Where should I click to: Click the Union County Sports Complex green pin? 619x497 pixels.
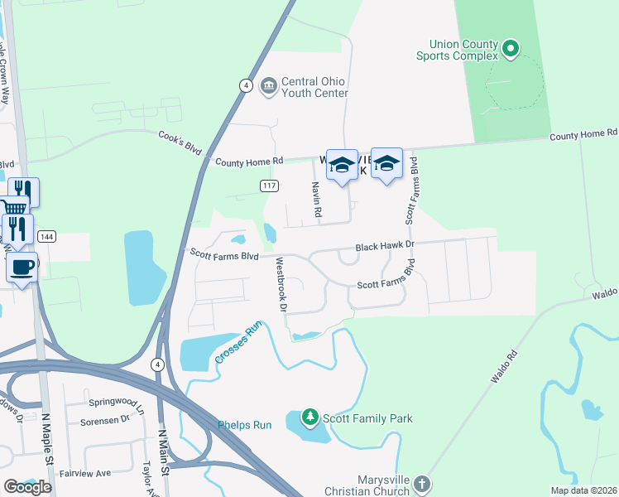coord(511,51)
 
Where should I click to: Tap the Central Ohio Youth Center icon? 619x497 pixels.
coord(268,85)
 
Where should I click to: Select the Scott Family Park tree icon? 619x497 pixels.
coord(310,417)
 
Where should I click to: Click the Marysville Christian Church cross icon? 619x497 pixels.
coord(421,483)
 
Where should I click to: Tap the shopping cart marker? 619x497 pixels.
coord(13,210)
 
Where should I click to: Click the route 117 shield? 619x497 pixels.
coord(268,186)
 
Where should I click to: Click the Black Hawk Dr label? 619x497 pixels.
coord(384,247)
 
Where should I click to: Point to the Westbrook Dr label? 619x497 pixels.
coord(281,284)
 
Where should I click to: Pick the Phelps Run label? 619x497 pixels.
coord(245,425)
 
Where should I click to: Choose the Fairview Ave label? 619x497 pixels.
coord(84,473)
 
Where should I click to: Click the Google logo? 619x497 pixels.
coord(27,487)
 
